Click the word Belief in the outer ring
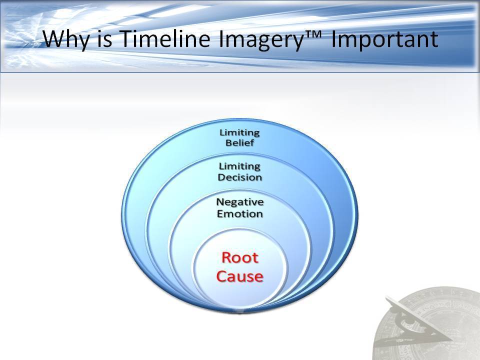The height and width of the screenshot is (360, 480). point(239,143)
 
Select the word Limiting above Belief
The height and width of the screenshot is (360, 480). point(239,132)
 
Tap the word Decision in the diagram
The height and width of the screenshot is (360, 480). point(240,177)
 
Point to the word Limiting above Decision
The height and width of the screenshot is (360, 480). point(239,166)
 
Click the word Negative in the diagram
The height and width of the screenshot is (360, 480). point(240,202)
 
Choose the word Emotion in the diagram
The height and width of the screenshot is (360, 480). point(240,213)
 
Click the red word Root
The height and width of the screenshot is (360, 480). point(240,257)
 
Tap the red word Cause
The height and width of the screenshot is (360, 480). point(240,276)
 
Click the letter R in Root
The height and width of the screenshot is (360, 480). point(227,257)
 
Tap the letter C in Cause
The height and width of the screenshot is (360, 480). point(222,276)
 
